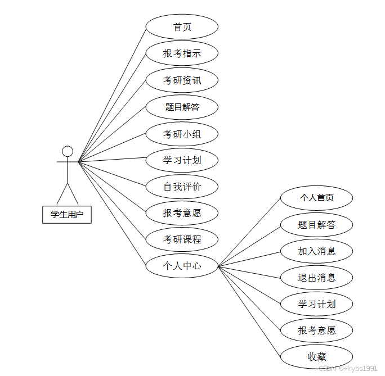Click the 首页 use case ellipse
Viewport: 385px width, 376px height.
pyautogui.click(x=182, y=27)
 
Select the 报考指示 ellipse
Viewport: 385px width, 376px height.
pyautogui.click(x=182, y=53)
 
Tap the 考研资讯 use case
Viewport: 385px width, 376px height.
pyautogui.click(x=182, y=80)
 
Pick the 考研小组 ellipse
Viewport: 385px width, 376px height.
pyautogui.click(x=182, y=134)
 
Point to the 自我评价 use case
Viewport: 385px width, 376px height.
pyautogui.click(x=182, y=187)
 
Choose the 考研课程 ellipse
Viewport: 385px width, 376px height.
pyautogui.click(x=182, y=239)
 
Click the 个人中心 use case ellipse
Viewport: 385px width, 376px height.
pyautogui.click(x=182, y=266)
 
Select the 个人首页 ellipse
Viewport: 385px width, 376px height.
pyautogui.click(x=316, y=198)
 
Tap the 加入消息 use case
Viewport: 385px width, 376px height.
pyautogui.click(x=316, y=251)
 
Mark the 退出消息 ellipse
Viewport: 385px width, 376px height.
pyautogui.click(x=316, y=277)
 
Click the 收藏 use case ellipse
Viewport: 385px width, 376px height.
pyautogui.click(x=316, y=357)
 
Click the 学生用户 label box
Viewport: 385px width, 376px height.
pyautogui.click(x=67, y=214)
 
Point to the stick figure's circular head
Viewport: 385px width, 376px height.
pyautogui.click(x=68, y=151)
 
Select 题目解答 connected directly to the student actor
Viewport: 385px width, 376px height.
pyautogui.click(x=182, y=107)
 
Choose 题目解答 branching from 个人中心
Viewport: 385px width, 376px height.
pyautogui.click(x=316, y=225)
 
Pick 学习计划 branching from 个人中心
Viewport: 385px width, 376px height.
pyautogui.click(x=316, y=304)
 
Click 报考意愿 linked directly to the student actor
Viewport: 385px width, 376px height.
pyautogui.click(x=182, y=213)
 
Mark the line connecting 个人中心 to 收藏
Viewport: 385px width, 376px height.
pyautogui.click(x=249, y=311)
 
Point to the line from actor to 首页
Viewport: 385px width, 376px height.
pyautogui.click(x=112, y=94)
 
